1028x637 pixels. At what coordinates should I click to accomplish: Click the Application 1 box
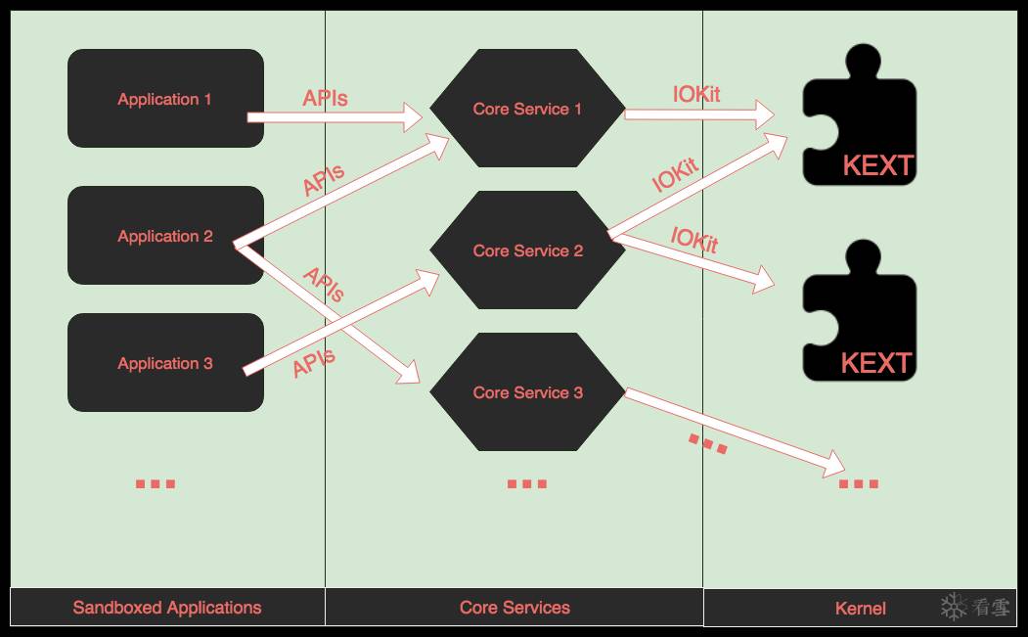[x=165, y=99]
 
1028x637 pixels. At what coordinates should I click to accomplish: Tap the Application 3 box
[x=165, y=363]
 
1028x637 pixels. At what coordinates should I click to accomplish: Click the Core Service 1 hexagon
[x=527, y=109]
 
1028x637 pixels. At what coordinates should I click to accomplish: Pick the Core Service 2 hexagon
[x=527, y=250]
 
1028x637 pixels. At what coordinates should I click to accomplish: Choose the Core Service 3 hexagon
[x=527, y=392]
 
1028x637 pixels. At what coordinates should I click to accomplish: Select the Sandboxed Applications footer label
[x=167, y=608]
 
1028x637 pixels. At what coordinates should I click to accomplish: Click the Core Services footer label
[x=514, y=608]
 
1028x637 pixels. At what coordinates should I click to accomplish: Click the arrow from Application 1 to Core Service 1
[x=333, y=117]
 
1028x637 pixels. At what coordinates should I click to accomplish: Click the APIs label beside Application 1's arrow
[x=325, y=98]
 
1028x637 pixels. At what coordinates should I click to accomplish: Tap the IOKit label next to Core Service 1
[x=696, y=95]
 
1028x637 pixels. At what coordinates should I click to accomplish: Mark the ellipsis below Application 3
[x=155, y=483]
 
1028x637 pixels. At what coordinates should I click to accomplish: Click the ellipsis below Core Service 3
[x=526, y=483]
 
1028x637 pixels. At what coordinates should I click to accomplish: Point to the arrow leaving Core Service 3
[x=734, y=430]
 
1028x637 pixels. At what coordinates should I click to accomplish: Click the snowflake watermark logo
[x=954, y=607]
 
